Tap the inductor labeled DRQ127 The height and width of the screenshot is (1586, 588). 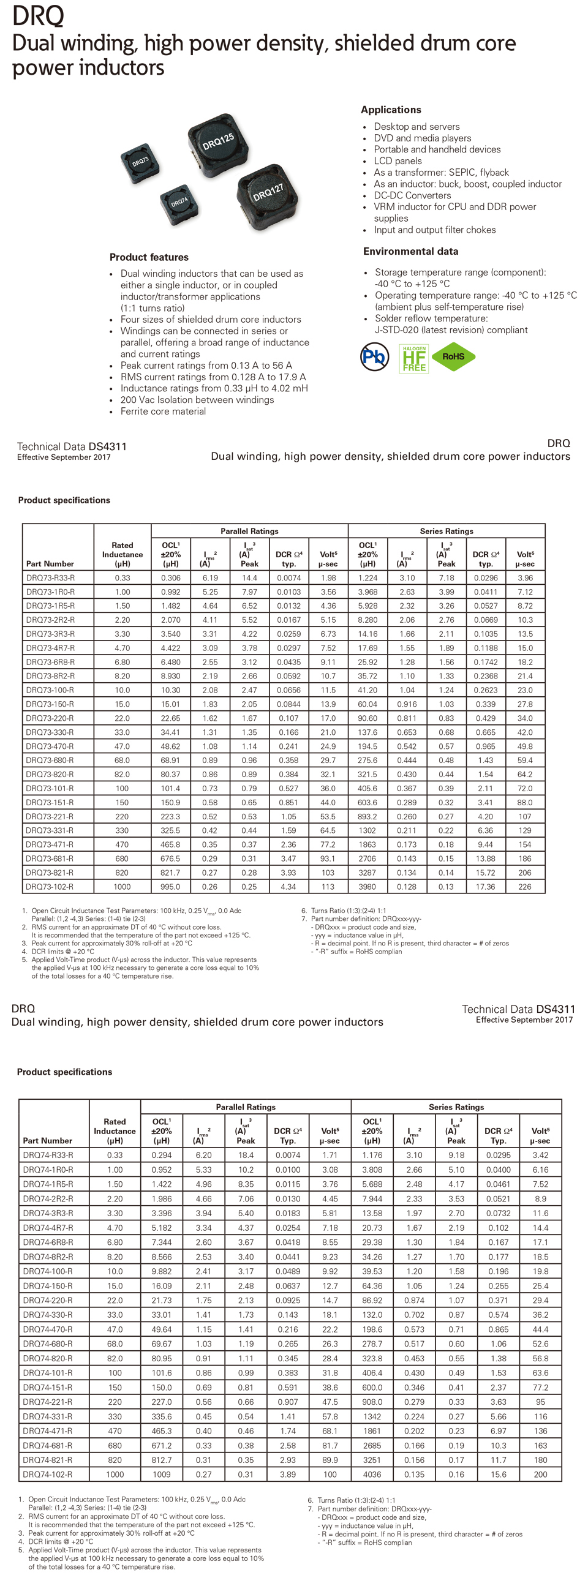click(268, 196)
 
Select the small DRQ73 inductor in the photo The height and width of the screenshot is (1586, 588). click(140, 162)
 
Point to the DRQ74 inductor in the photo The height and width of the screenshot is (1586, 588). click(179, 202)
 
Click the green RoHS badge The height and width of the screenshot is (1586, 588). click(453, 356)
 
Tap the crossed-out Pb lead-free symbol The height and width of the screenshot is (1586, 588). click(374, 356)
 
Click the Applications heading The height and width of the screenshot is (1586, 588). click(391, 110)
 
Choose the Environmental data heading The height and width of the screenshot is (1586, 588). click(410, 251)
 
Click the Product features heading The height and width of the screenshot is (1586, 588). click(149, 257)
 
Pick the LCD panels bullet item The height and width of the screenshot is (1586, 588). click(398, 160)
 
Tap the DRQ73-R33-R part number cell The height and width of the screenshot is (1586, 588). click(50, 578)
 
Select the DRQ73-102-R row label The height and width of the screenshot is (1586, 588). click(50, 887)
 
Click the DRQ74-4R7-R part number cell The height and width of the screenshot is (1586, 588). click(48, 1228)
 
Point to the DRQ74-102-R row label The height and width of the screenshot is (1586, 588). click(47, 1475)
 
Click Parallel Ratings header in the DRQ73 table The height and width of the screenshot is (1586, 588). click(249, 531)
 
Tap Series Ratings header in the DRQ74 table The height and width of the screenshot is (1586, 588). click(456, 1107)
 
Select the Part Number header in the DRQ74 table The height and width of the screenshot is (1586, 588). click(47, 1140)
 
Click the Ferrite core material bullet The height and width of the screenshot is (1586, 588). click(163, 412)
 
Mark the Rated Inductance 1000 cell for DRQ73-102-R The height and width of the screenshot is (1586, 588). click(122, 887)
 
